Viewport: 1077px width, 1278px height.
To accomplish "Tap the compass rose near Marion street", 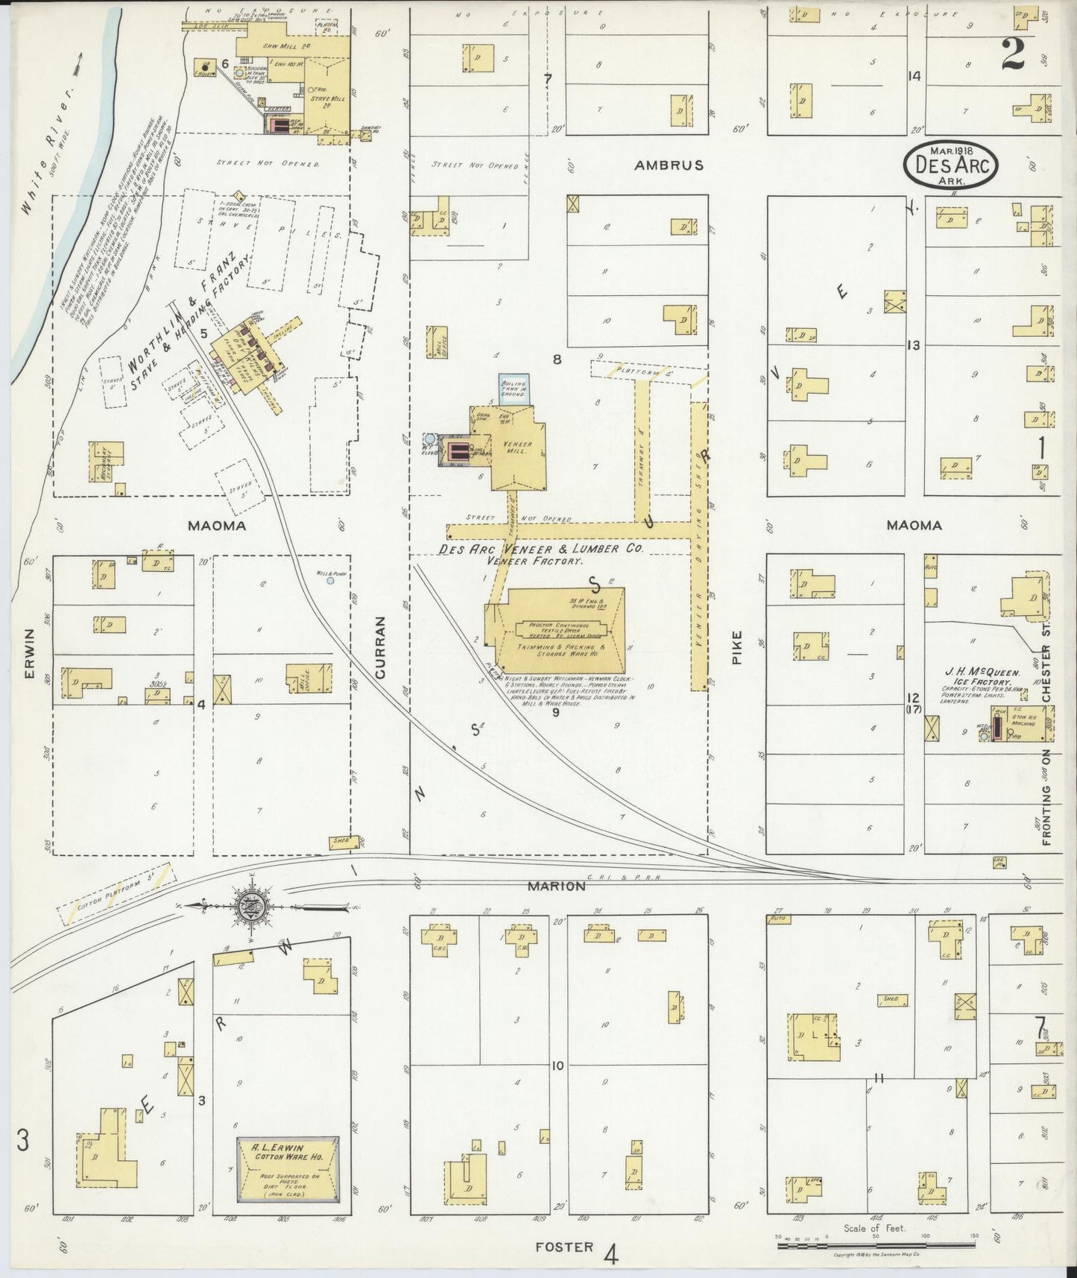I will click(x=247, y=907).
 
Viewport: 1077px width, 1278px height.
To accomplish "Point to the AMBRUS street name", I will click(x=669, y=166).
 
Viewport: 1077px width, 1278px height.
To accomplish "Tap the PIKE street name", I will click(x=736, y=647).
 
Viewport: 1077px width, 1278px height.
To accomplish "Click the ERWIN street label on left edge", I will click(x=30, y=654).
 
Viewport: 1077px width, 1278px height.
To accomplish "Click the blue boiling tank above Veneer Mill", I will click(x=515, y=390).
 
